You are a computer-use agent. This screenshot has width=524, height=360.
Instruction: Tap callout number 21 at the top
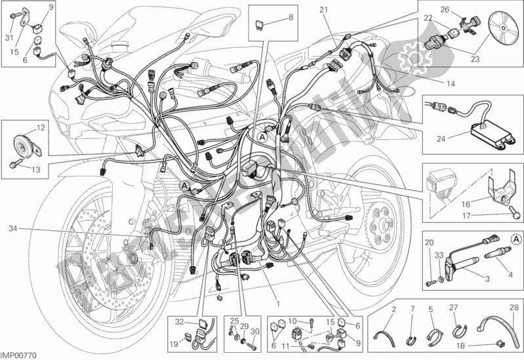[x=323, y=9]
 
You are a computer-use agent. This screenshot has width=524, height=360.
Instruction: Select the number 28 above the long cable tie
[x=514, y=308]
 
